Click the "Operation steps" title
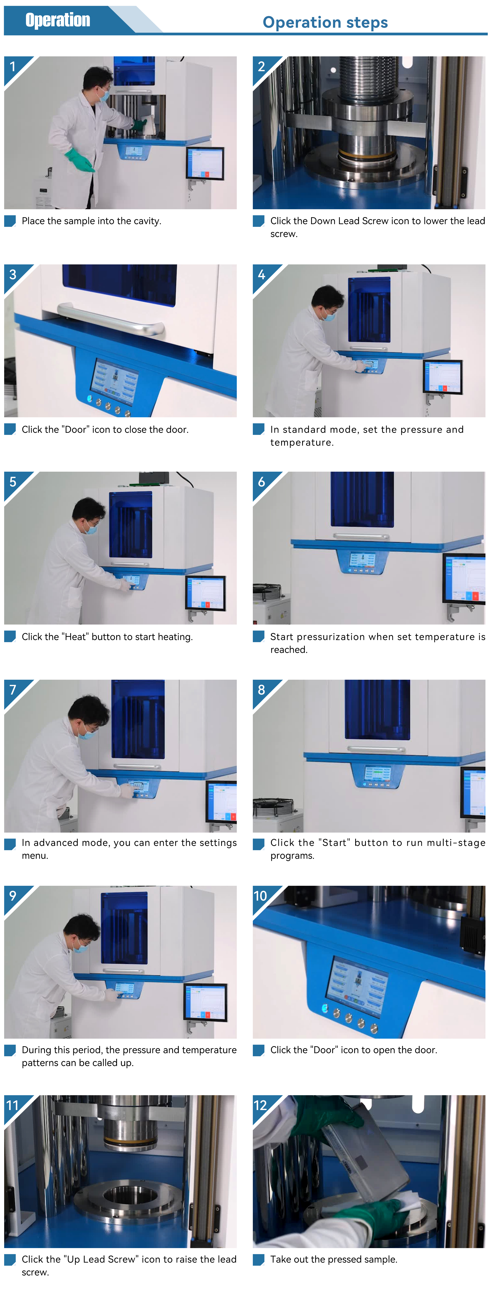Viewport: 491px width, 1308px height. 325,22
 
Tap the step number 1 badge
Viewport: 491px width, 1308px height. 13,66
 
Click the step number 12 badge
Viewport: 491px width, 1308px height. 260,1105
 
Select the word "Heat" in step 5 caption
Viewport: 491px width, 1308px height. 76,637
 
